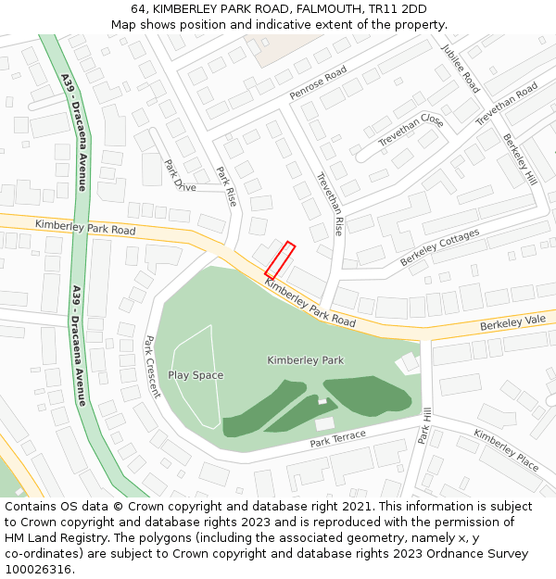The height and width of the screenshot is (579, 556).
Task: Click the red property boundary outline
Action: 280,260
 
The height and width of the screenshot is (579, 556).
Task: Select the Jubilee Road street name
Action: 461,69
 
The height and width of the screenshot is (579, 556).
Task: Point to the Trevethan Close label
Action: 411,130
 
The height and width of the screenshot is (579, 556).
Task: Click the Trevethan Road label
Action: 506,104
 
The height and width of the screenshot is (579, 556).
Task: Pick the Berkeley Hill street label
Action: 520,158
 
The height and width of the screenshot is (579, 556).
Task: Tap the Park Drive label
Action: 180,175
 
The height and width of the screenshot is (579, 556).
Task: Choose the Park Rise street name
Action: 226,185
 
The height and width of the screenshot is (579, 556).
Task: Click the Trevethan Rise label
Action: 329,203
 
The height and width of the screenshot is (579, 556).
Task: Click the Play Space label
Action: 196,375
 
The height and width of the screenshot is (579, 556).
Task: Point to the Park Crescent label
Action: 152,367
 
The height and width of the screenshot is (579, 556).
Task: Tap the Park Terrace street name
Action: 337,438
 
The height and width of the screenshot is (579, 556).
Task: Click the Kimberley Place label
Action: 506,449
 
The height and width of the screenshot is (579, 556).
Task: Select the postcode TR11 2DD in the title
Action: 397,9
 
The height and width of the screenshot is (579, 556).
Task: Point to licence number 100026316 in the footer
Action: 38,570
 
